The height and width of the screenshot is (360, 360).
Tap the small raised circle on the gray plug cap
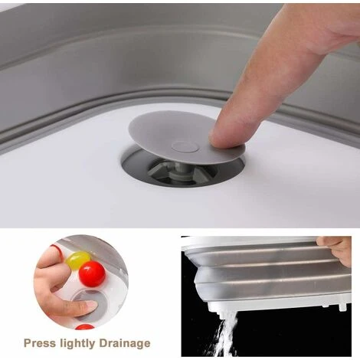(185, 146)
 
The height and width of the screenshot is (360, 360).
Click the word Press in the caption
(39, 343)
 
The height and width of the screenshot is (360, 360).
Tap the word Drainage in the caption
(125, 344)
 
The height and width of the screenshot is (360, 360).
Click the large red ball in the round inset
(92, 273)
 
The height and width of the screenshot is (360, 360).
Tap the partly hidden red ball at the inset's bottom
(85, 327)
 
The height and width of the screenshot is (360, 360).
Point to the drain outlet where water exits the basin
(221, 309)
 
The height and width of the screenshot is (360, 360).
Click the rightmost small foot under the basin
(342, 306)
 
